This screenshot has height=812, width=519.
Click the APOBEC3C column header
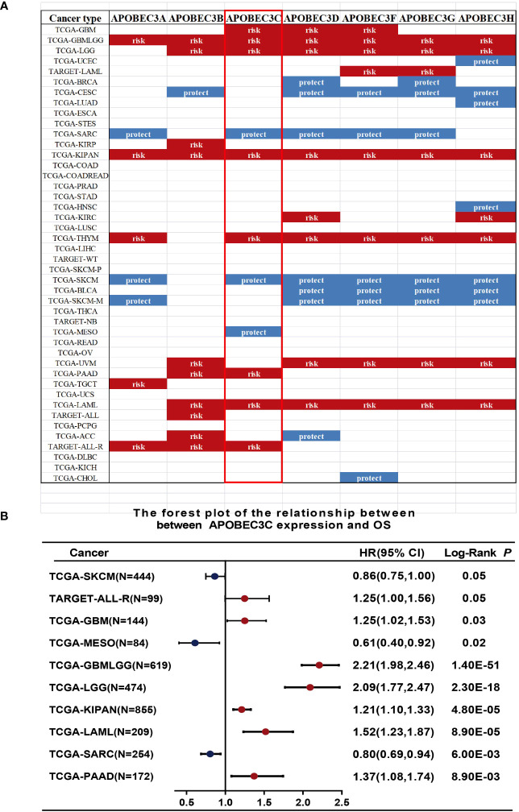[x=254, y=18]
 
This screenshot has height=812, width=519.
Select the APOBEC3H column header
[x=485, y=18]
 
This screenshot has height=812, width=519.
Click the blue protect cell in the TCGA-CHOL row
[x=369, y=478]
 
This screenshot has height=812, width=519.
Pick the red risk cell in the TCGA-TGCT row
[x=138, y=383]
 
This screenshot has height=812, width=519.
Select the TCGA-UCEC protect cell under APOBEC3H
[x=485, y=61]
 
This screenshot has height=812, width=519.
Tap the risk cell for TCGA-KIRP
[x=196, y=143]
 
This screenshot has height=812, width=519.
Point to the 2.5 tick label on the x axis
[x=342, y=802]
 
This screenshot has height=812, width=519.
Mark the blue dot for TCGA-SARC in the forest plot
[x=210, y=731]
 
